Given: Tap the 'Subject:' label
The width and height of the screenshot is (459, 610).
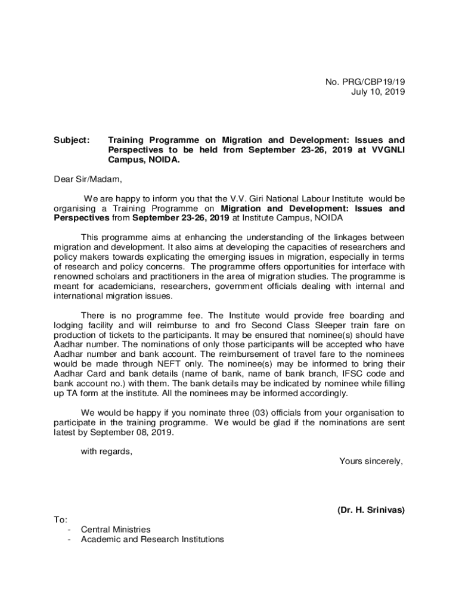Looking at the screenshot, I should [x=72, y=141].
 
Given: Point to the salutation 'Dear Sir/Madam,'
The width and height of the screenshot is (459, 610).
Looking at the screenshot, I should [x=87, y=179].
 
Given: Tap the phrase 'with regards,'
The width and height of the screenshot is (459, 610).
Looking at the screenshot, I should [x=107, y=451].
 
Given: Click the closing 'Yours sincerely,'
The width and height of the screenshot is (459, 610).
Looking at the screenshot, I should [x=371, y=460].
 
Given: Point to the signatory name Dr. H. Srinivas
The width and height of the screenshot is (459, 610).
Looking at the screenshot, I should [x=371, y=510].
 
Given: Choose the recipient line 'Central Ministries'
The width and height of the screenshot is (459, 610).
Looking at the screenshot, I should [x=116, y=530].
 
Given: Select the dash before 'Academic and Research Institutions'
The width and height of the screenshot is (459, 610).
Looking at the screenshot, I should [x=70, y=540].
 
